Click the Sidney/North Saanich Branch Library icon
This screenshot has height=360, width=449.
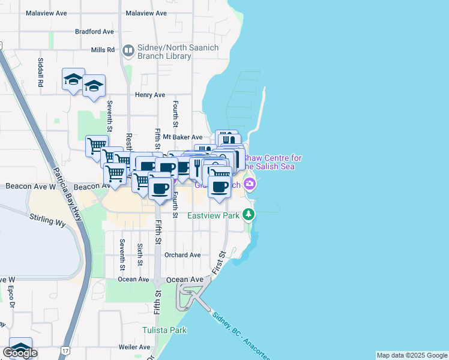128,50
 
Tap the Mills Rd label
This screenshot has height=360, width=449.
103,50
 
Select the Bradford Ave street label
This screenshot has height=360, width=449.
94,32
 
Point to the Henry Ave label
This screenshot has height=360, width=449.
150,95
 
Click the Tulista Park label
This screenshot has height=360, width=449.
164,330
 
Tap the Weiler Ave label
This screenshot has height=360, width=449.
134,347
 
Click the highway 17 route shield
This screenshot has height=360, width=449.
65,349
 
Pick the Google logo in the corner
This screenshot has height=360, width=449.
20,353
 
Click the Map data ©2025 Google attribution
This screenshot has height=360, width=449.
412,355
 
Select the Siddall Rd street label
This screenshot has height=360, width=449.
40,73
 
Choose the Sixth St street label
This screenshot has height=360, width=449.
140,254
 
